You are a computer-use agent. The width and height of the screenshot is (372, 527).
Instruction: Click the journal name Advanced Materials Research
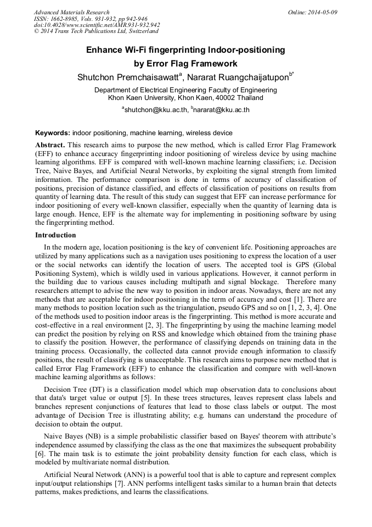click(72, 12)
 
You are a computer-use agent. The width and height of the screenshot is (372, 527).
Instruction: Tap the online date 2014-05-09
click(320, 12)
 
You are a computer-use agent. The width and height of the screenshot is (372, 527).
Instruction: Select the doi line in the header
click(97, 25)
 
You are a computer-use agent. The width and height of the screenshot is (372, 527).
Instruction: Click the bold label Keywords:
click(53, 133)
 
